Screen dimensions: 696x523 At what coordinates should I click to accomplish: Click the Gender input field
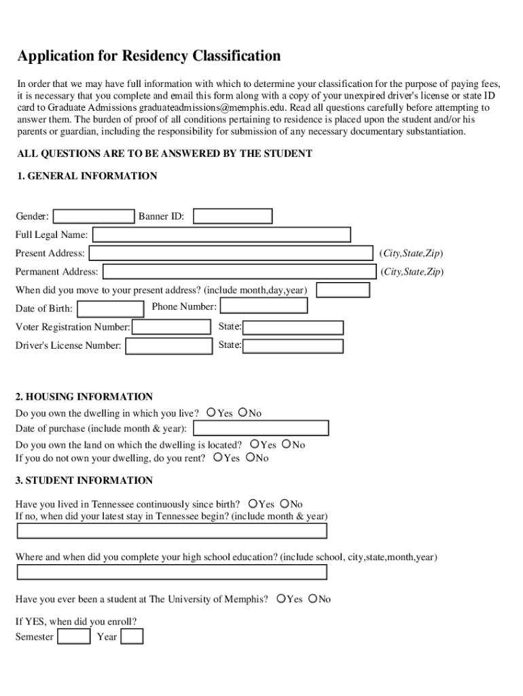(94, 216)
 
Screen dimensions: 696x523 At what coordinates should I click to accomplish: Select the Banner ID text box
(232, 216)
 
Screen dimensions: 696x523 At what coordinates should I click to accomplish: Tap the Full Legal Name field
(221, 235)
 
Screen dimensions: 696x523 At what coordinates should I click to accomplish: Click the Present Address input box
(231, 254)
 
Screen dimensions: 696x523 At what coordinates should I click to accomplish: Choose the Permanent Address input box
(238, 272)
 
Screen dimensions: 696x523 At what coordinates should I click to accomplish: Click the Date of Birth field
(110, 309)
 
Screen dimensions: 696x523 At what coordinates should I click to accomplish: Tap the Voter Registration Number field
(171, 327)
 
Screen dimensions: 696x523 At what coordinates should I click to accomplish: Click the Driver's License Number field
(169, 346)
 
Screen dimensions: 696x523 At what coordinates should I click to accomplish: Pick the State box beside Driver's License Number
(293, 346)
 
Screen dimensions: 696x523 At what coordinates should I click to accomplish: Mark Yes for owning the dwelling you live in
(211, 413)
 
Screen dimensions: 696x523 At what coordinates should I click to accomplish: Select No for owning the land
(286, 445)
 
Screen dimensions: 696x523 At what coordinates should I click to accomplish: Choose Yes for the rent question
(218, 458)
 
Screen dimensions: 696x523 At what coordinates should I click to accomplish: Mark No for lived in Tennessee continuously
(285, 504)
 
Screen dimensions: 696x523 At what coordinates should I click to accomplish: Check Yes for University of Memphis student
(280, 599)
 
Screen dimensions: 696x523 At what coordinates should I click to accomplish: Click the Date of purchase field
(261, 428)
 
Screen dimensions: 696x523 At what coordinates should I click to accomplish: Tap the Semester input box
(74, 637)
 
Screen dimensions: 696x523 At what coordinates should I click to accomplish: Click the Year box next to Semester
(132, 637)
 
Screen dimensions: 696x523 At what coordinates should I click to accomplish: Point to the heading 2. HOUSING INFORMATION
(84, 397)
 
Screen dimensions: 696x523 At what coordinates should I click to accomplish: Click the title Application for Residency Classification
(149, 56)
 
